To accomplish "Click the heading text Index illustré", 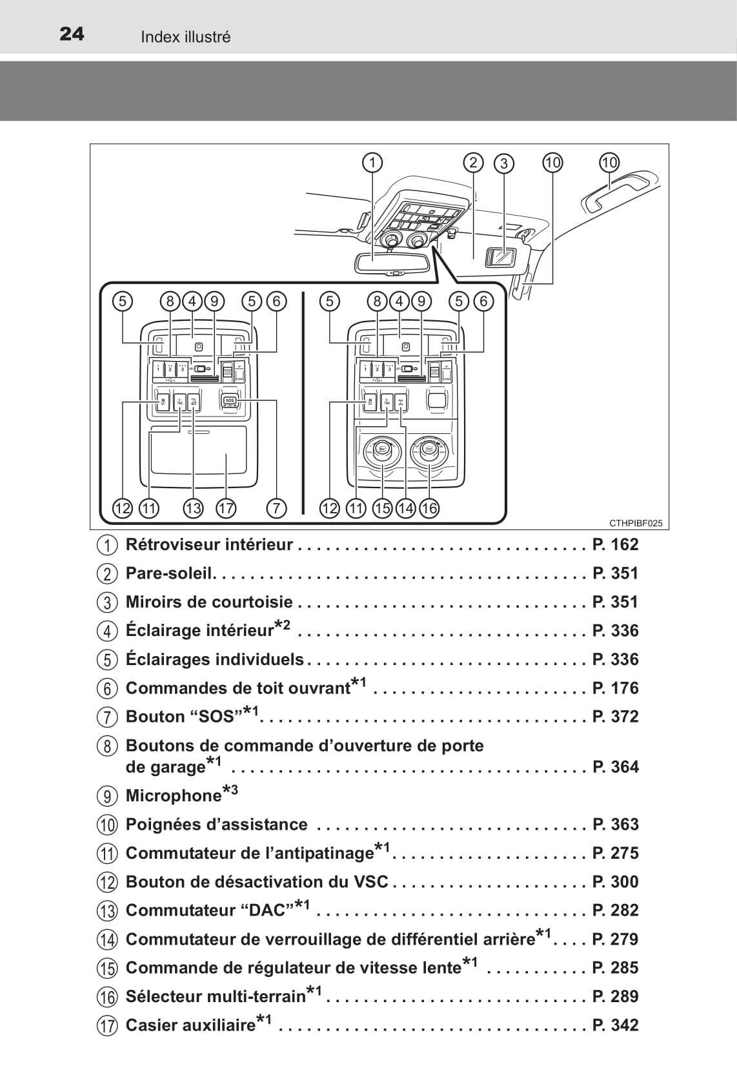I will pyautogui.click(x=185, y=37).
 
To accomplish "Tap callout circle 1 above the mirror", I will pyautogui.click(x=372, y=162).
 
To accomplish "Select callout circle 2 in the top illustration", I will pyautogui.click(x=473, y=162).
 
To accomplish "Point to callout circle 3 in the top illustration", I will pyautogui.click(x=504, y=163).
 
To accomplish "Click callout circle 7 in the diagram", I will pyautogui.click(x=276, y=508).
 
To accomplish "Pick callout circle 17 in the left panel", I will pyautogui.click(x=226, y=508).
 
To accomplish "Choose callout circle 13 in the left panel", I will pyautogui.click(x=193, y=508).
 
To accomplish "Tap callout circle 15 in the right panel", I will pyautogui.click(x=382, y=508).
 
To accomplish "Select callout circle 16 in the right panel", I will pyautogui.click(x=429, y=508).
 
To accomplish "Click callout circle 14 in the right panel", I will pyautogui.click(x=406, y=508).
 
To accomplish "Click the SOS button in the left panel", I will pyautogui.click(x=230, y=401).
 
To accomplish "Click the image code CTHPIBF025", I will pyautogui.click(x=635, y=523).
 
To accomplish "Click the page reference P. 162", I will pyautogui.click(x=615, y=544).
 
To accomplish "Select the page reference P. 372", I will pyautogui.click(x=615, y=716).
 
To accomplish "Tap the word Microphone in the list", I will pyautogui.click(x=173, y=796).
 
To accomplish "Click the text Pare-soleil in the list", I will pyautogui.click(x=169, y=573).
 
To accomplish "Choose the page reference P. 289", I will pyautogui.click(x=615, y=996).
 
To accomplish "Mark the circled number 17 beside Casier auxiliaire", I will pyautogui.click(x=108, y=1025).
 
